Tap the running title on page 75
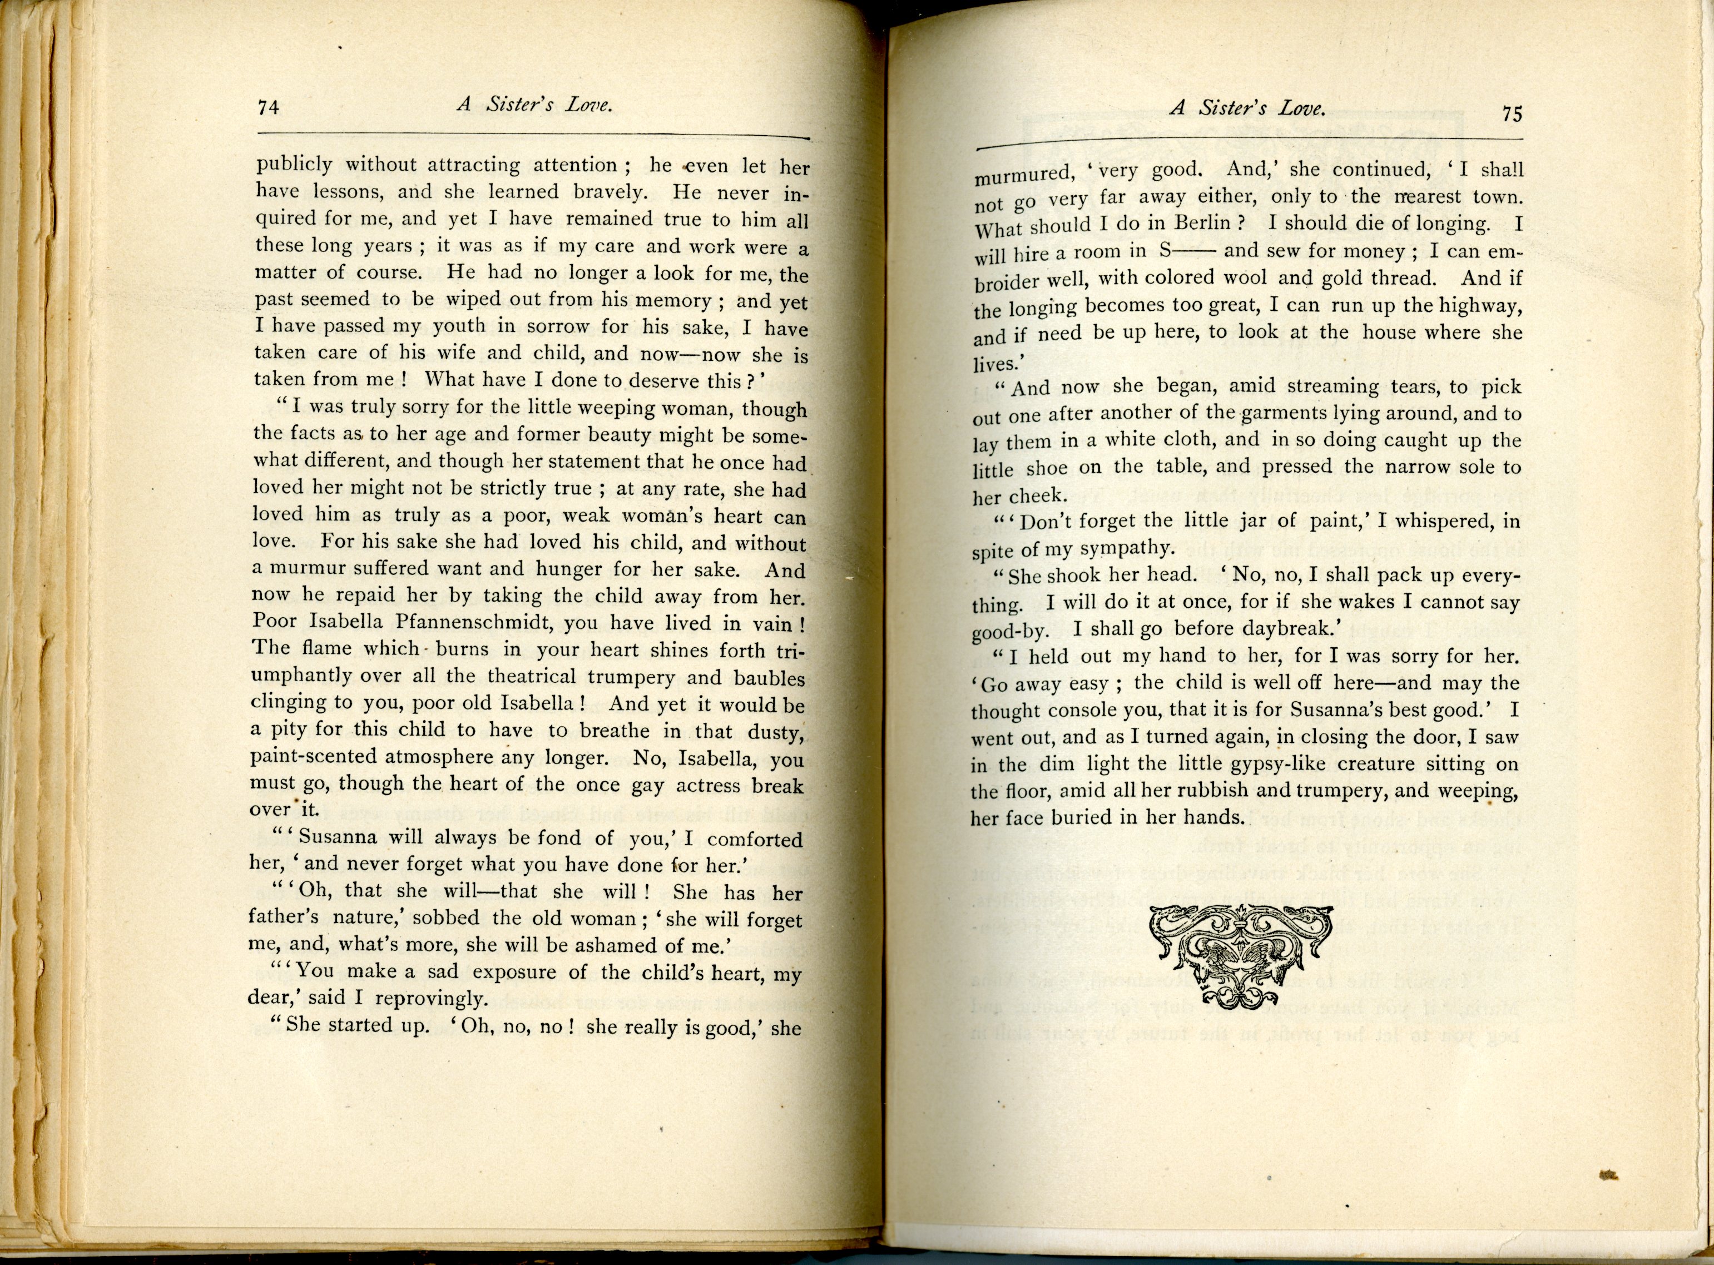pyautogui.click(x=1247, y=110)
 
